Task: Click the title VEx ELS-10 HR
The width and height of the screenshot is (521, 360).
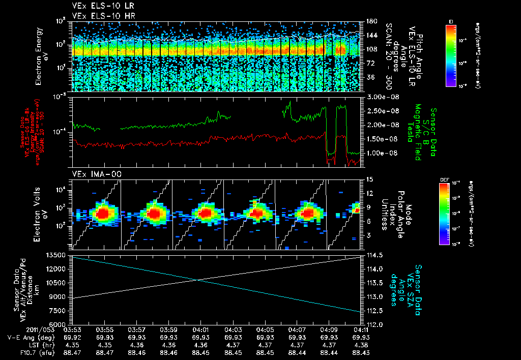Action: click(98, 16)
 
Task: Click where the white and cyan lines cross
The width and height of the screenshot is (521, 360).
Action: click(198, 280)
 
